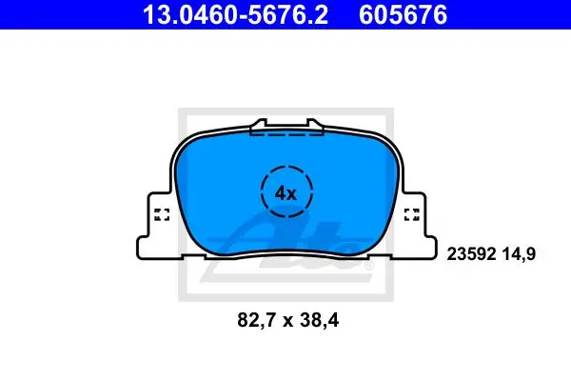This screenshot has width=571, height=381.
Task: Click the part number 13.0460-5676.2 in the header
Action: tap(236, 14)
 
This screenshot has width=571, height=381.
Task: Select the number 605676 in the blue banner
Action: tap(403, 14)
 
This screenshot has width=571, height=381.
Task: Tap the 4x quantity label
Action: tap(285, 193)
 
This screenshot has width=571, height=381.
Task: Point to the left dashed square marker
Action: tap(162, 214)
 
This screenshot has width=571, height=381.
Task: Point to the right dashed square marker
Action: tap(412, 214)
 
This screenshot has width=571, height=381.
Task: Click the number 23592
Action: tap(472, 253)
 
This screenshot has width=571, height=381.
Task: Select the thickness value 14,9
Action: tap(519, 254)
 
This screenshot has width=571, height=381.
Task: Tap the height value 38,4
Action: tap(320, 321)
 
